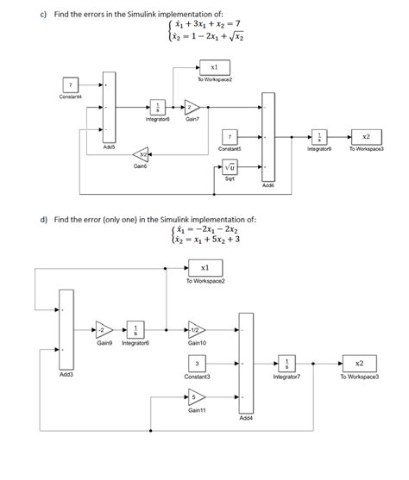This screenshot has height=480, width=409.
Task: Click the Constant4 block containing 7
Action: pyautogui.click(x=70, y=84)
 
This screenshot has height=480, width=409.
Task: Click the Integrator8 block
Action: pyautogui.click(x=158, y=108)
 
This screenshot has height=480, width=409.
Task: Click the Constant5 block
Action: pyautogui.click(x=230, y=137)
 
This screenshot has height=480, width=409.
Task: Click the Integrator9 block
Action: pyautogui.click(x=319, y=137)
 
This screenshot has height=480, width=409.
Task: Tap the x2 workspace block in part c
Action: pyautogui.click(x=366, y=137)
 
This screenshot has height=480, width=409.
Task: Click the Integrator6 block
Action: pyautogui.click(x=135, y=331)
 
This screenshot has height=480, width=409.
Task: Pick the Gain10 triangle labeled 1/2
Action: pyautogui.click(x=197, y=331)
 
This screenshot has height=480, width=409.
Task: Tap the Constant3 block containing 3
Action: pyautogui.click(x=197, y=363)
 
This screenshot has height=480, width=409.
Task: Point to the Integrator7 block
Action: pyautogui.click(x=286, y=363)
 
